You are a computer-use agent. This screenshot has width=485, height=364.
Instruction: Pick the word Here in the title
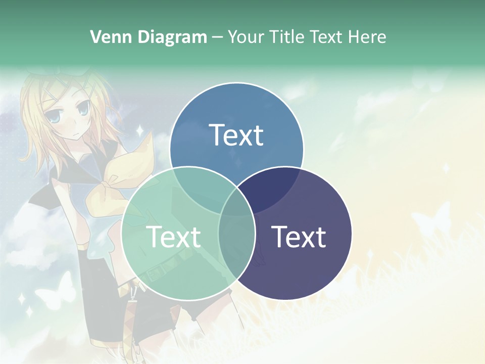tap(368, 37)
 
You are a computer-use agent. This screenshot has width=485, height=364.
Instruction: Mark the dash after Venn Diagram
tap(217, 37)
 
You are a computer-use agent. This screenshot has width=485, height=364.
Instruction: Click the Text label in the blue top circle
tap(236, 135)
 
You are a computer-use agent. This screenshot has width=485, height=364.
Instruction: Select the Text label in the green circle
tap(173, 236)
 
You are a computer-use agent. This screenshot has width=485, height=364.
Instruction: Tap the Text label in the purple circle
tap(299, 236)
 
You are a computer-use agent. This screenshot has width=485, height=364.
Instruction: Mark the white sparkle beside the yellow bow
tap(139, 131)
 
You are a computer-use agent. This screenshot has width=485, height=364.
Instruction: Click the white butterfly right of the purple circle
tap(432, 217)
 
